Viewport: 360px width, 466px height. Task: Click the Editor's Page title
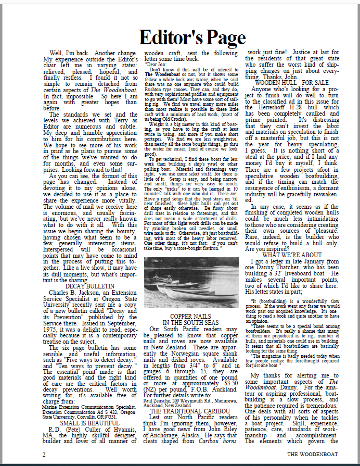(192, 37)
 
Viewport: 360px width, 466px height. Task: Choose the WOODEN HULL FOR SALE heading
(291, 82)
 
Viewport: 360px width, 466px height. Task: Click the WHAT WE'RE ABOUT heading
(292, 255)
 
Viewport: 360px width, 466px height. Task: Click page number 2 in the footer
(44, 454)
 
